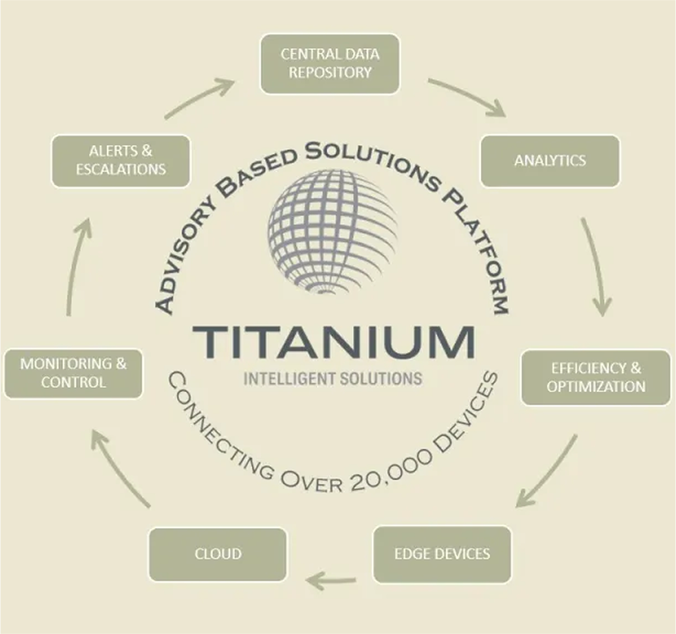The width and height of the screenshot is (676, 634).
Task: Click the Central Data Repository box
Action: pyautogui.click(x=329, y=63)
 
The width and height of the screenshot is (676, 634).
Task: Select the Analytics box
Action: pyautogui.click(x=550, y=161)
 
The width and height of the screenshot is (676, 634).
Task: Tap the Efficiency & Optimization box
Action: pyautogui.click(x=595, y=377)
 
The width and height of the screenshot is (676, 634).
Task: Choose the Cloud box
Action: pyautogui.click(x=217, y=554)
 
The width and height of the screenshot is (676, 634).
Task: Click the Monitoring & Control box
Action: pyautogui.click(x=73, y=373)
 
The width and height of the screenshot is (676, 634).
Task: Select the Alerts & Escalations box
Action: pyautogui.click(x=121, y=161)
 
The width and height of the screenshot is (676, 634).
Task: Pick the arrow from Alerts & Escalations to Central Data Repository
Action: pyautogui.click(x=199, y=98)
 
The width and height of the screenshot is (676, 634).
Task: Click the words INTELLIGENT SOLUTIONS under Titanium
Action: pyautogui.click(x=333, y=380)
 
